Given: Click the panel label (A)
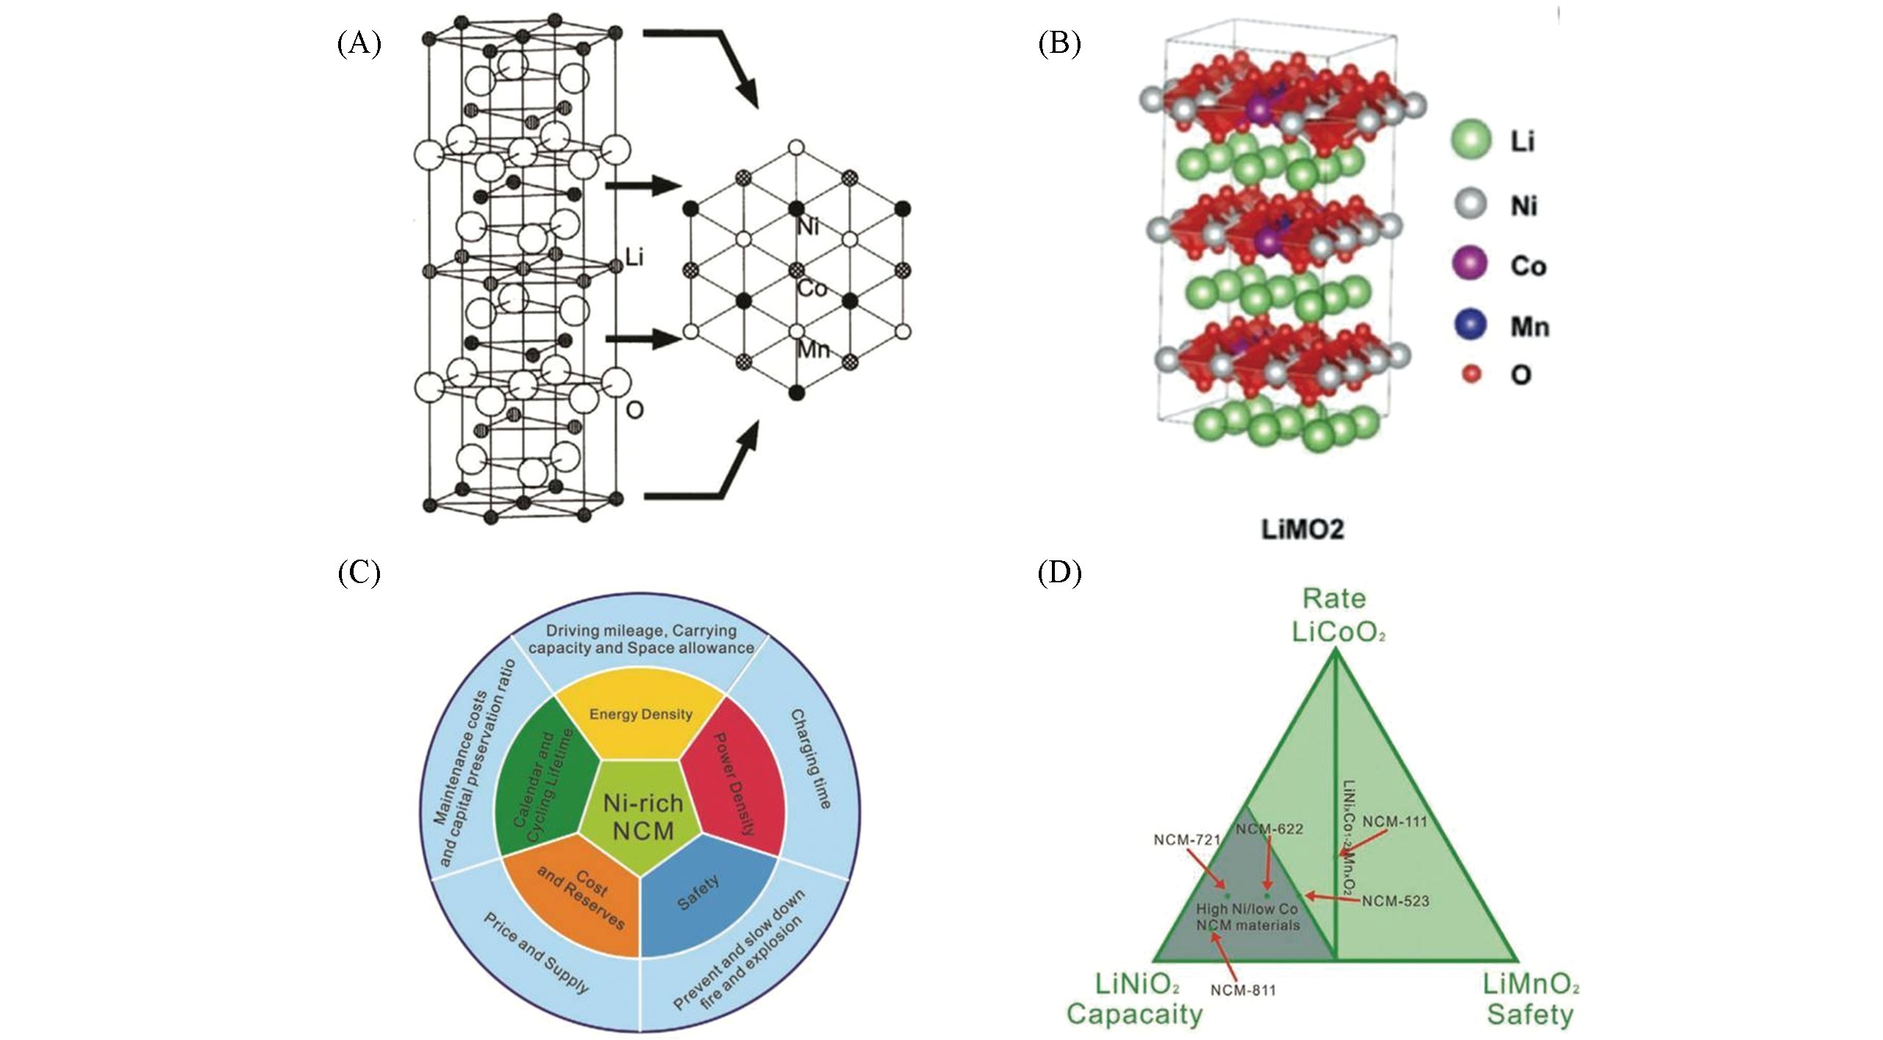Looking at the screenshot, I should click(359, 45).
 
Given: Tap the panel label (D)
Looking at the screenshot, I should click(1059, 573).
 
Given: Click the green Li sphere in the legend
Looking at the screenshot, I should click(1471, 139).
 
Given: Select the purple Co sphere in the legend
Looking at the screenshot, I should click(1470, 264).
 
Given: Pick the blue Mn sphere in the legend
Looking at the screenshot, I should click(1470, 325).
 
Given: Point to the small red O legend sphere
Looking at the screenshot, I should click(1471, 375).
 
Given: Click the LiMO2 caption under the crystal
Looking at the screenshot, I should click(1302, 530).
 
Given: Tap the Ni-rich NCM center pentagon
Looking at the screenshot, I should click(643, 817).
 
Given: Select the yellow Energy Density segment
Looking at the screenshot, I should click(640, 714).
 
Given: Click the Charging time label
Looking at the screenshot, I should click(811, 758).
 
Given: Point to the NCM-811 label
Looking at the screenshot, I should click(1243, 990).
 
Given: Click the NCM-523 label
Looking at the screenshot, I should click(1395, 901).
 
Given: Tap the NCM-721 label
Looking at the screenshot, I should click(1187, 839).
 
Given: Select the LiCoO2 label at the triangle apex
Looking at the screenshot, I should click(1338, 631).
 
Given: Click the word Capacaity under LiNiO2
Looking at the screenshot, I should click(1134, 1014).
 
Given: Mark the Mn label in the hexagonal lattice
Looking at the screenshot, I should click(813, 349).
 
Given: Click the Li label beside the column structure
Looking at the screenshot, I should click(634, 257).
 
